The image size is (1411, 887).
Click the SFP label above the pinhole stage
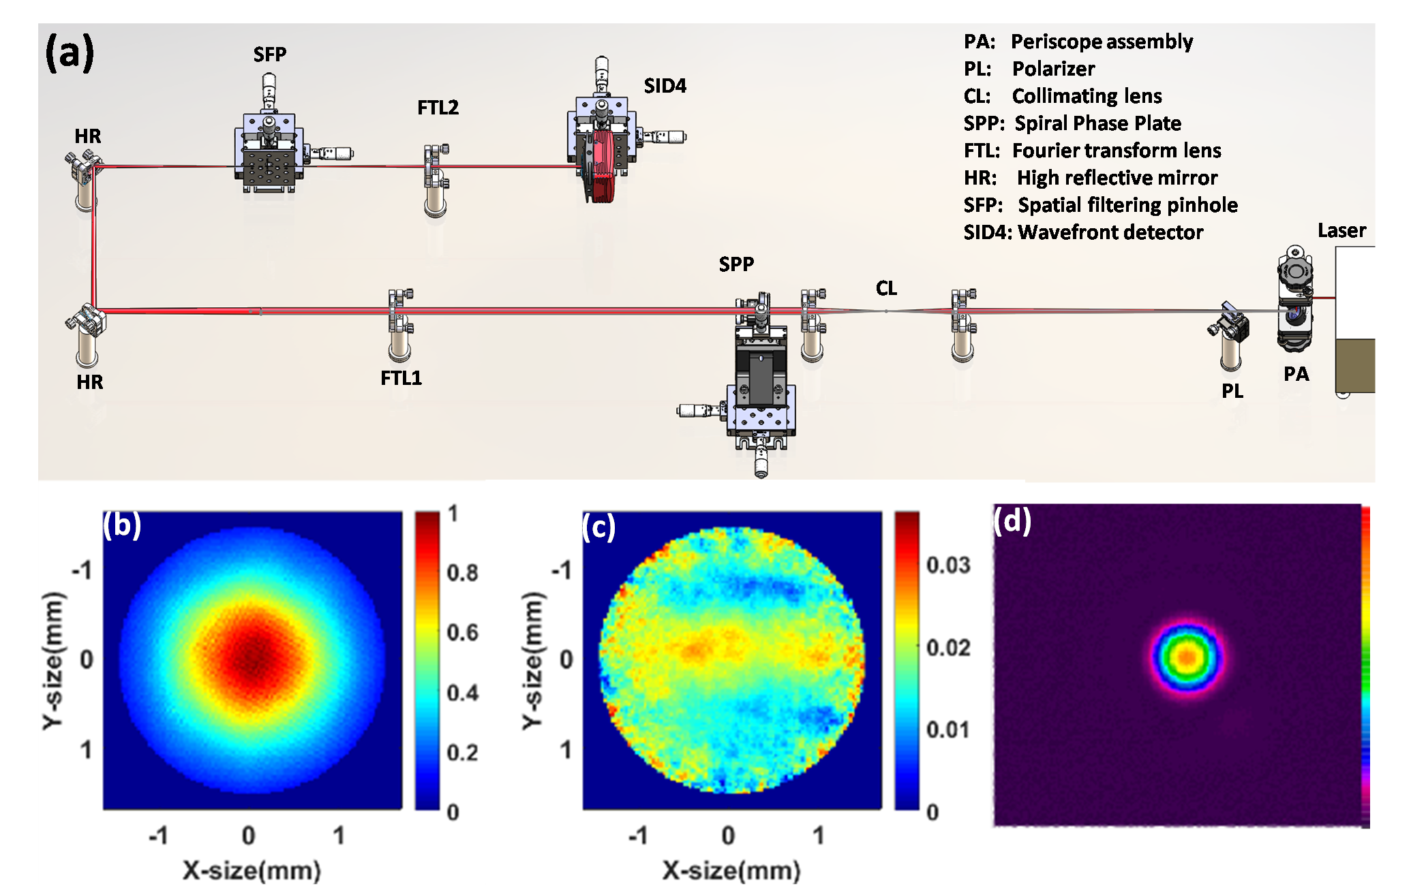[x=270, y=55]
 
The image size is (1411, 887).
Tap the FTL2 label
[x=438, y=108]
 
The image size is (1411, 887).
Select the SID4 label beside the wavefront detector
[x=665, y=86]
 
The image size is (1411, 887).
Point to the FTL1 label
[x=401, y=378]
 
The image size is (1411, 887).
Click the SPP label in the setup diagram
[x=736, y=264]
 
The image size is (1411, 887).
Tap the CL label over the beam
[x=886, y=289]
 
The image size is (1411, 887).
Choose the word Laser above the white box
[x=1341, y=231]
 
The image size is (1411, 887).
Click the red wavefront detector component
[x=603, y=167]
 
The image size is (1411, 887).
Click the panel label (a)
[x=69, y=53]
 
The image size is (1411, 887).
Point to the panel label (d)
[x=1012, y=521]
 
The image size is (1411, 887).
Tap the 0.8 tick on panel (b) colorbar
[x=462, y=573]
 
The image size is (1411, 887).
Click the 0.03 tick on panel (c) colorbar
[x=947, y=565]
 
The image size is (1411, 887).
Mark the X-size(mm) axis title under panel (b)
[x=252, y=870]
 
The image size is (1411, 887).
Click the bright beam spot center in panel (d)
[x=1187, y=657]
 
